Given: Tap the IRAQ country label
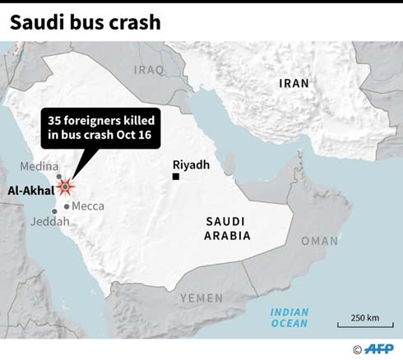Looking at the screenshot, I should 149,70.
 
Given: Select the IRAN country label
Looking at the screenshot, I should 294,83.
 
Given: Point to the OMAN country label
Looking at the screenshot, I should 319,241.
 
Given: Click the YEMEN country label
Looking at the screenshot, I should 201,298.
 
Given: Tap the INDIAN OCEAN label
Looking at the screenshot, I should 290,318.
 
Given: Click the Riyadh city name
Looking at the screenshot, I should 192,164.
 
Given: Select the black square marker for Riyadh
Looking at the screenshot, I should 175,177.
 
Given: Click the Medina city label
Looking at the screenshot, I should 39,166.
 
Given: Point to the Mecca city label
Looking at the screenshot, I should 87,206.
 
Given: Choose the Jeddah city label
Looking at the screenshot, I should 44,222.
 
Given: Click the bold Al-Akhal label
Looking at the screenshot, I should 30,191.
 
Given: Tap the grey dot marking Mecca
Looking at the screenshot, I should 66,205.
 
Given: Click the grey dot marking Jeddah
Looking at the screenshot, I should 55,211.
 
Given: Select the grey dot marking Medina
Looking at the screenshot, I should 58,177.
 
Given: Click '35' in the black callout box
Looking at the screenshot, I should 56,122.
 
